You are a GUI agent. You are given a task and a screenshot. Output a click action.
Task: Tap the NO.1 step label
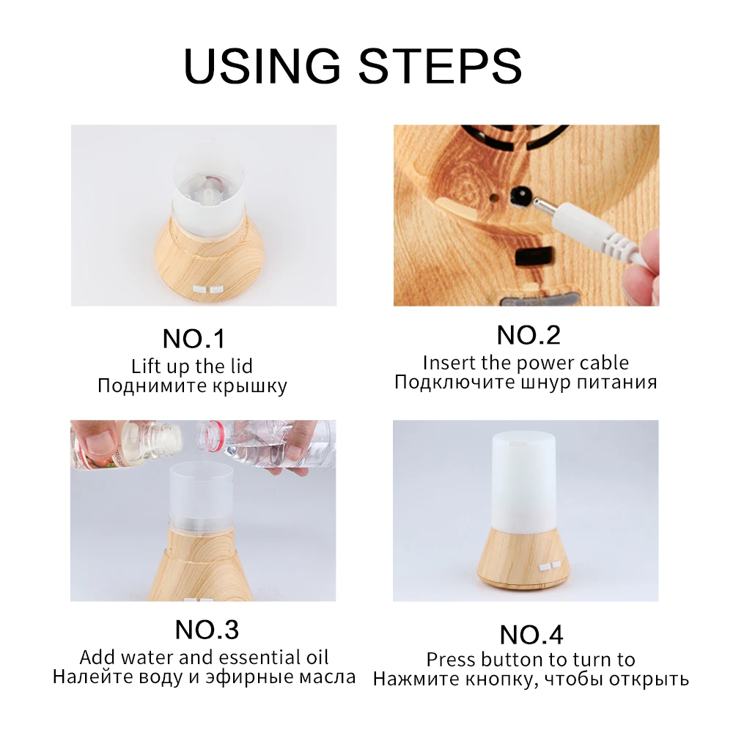(x=194, y=339)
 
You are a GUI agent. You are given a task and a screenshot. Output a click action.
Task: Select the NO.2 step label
(x=528, y=335)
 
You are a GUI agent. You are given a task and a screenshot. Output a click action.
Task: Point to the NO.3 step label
(x=207, y=630)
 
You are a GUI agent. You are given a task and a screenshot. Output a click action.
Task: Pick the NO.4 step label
(x=531, y=635)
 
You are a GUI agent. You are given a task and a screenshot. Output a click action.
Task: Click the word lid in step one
(x=241, y=366)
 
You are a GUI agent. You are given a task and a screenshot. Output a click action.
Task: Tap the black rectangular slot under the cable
(x=534, y=256)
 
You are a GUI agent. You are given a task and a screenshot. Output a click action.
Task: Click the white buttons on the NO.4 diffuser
(x=549, y=566)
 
